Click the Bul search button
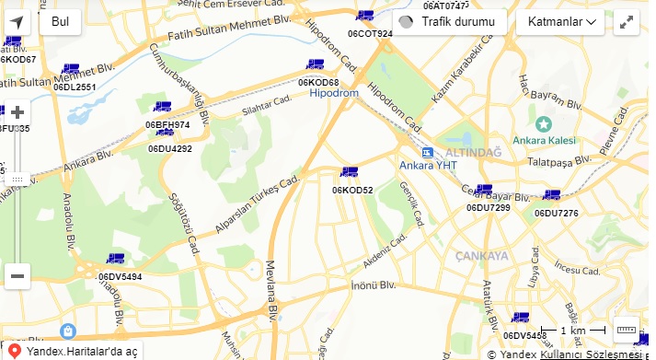pos(60,21)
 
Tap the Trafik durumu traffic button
pos(449,21)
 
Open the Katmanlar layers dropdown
pos(559,21)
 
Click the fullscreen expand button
pos(626,22)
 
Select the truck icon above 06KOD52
pos(349,172)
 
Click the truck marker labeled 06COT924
pos(365,16)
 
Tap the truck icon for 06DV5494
pos(115,260)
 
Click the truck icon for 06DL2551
pos(70,69)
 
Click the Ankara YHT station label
pos(428,166)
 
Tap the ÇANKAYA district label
pos(481,255)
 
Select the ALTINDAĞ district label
pos(473,151)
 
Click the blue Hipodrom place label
pos(334,94)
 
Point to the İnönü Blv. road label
pos(373,285)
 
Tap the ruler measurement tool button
pos(626,330)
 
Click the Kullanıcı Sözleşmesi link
pos(590,354)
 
